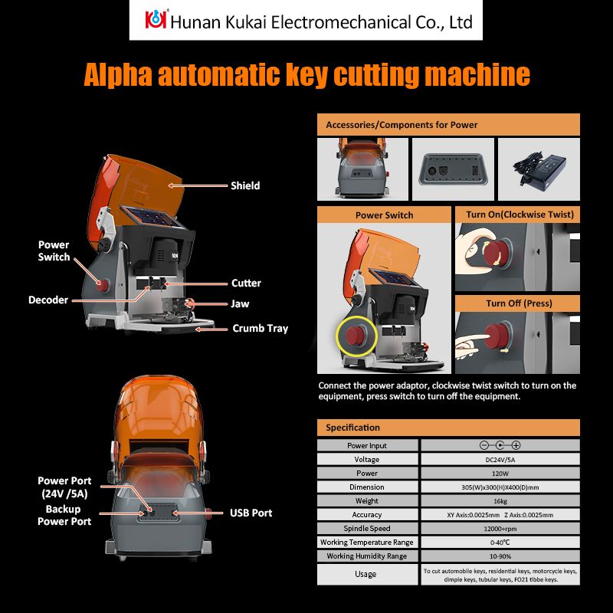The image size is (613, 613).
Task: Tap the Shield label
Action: click(245, 185)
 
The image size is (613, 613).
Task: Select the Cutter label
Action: click(246, 283)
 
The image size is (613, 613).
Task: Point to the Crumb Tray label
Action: click(260, 328)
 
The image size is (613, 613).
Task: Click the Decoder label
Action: click(48, 300)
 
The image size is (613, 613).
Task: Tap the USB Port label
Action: click(251, 513)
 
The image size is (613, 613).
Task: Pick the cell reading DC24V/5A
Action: click(500, 459)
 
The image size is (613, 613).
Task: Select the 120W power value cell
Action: click(500, 473)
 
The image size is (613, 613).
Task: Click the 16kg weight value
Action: click(500, 500)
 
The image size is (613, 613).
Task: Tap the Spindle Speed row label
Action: click(367, 528)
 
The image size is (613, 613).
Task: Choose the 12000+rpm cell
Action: click(500, 528)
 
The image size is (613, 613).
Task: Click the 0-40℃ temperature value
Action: click(500, 542)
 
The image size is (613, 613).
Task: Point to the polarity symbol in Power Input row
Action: click(500, 445)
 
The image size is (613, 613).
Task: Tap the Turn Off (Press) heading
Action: click(518, 303)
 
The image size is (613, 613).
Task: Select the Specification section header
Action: click(352, 428)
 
